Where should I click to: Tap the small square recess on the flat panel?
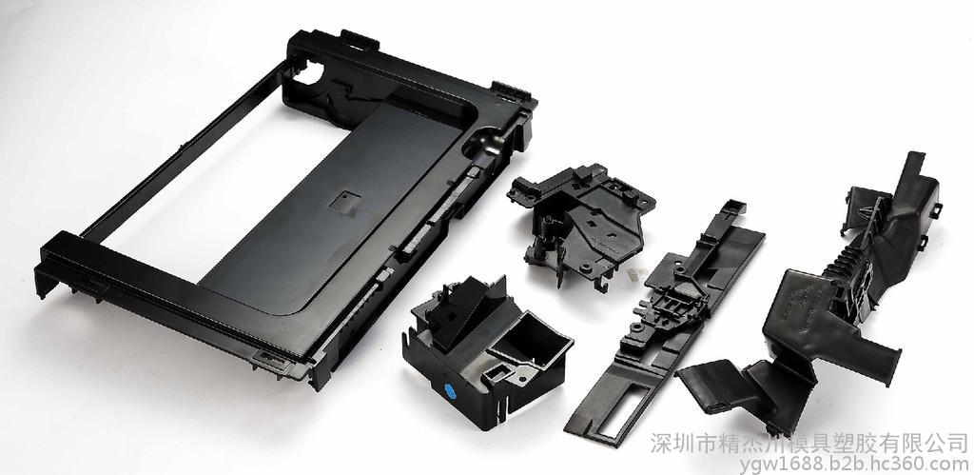pyautogui.click(x=345, y=201)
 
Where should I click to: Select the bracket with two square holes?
pyautogui.click(x=581, y=218)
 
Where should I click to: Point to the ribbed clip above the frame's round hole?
pyautogui.click(x=360, y=40)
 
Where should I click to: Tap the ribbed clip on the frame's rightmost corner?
pyautogui.click(x=512, y=91)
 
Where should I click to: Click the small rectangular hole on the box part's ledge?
pyautogui.click(x=497, y=373)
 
